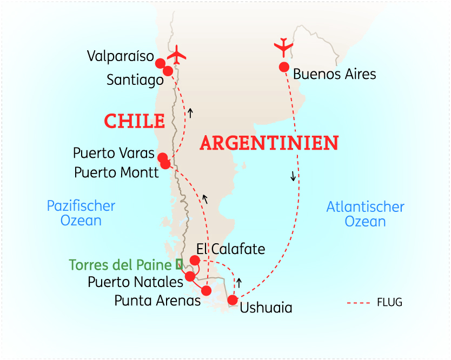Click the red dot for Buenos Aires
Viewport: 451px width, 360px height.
click(x=283, y=67)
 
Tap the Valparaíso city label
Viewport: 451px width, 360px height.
click(x=120, y=56)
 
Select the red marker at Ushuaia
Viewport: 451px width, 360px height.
click(x=233, y=300)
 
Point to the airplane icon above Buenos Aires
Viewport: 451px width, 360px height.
click(x=284, y=47)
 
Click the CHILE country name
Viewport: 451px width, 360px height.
click(x=134, y=121)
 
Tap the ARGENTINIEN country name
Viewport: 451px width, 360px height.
click(x=269, y=143)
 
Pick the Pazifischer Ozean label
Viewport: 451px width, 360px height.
click(x=81, y=213)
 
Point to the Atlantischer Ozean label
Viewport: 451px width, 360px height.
click(x=365, y=214)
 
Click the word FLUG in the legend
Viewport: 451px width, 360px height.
click(x=389, y=302)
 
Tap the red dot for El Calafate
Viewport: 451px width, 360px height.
click(x=195, y=261)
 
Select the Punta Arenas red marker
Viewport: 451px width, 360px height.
click(x=206, y=291)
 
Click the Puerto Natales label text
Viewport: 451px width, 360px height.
click(x=135, y=282)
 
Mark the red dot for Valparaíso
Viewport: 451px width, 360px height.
click(x=160, y=63)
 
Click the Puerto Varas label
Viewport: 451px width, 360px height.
click(x=114, y=154)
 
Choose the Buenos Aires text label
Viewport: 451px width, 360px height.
click(x=334, y=74)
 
